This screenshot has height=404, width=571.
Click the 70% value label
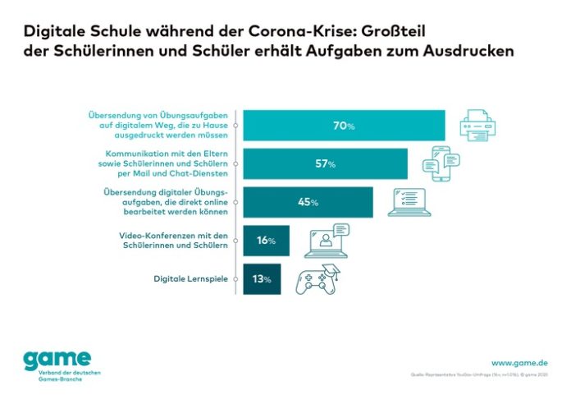pyautogui.click(x=344, y=126)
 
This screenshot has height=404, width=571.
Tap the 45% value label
pyautogui.click(x=308, y=201)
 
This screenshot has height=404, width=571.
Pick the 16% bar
pyautogui.click(x=265, y=240)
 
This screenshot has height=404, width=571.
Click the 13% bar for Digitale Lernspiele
pyautogui.click(x=262, y=279)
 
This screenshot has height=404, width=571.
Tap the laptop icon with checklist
pyautogui.click(x=409, y=201)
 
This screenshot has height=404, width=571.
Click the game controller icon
pyautogui.click(x=316, y=279)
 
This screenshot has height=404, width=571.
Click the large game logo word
pyautogui.click(x=56, y=360)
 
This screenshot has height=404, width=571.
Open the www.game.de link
pyautogui.click(x=519, y=362)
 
